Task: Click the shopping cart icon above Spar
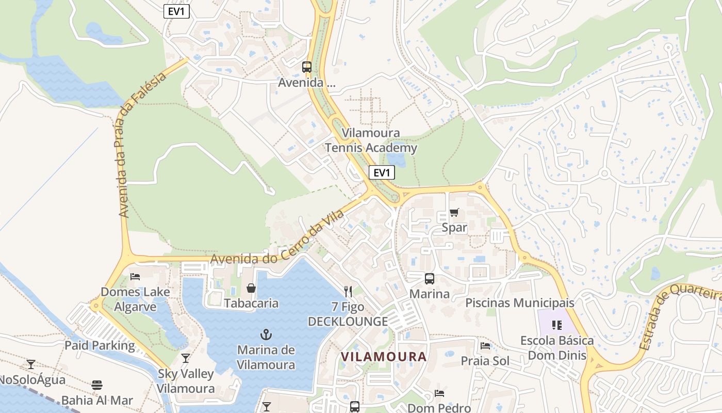[x=454, y=213]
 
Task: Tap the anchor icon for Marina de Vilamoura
[x=266, y=335]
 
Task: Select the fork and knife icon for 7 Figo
[x=348, y=292]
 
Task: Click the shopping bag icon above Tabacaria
[x=251, y=288]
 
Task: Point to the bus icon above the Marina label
[x=429, y=279]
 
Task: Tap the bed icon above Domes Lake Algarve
[x=135, y=277]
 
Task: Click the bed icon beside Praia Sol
[x=485, y=346]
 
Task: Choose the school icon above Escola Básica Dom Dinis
[x=556, y=325]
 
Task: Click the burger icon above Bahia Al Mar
[x=97, y=385]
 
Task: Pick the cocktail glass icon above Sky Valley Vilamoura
[x=186, y=358]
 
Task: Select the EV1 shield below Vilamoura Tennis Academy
[x=382, y=172]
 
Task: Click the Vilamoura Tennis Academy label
[x=371, y=140]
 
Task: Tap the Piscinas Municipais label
[x=520, y=303]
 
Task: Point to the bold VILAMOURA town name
[x=384, y=356]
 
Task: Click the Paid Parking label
[x=100, y=345]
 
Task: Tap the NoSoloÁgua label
[x=32, y=380]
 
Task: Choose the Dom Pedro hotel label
[x=439, y=408]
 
